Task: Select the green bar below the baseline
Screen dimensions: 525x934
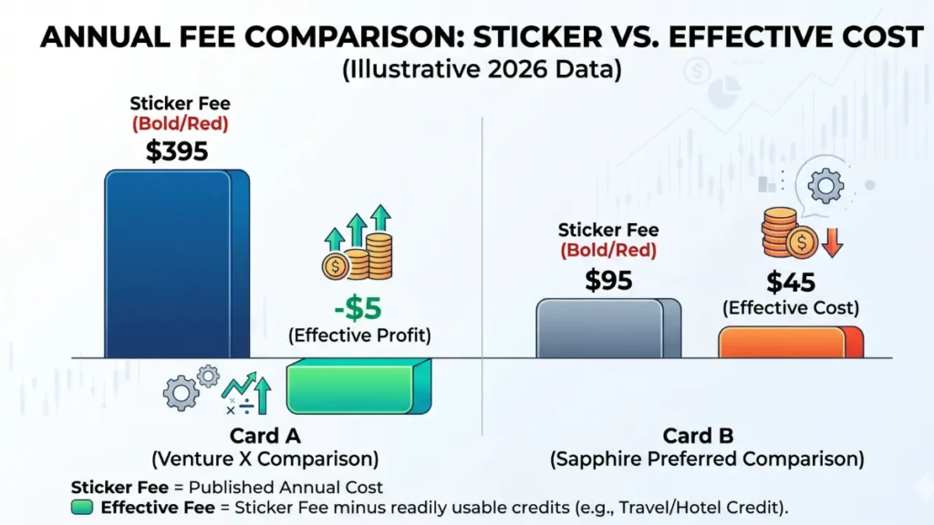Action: click(x=356, y=387)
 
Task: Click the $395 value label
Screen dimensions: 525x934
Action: click(x=177, y=151)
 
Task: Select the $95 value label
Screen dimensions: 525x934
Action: click(x=608, y=280)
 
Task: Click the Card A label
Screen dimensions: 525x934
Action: click(x=264, y=437)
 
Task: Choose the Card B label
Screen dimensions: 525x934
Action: click(x=698, y=437)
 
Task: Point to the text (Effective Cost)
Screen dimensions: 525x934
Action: click(x=791, y=307)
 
